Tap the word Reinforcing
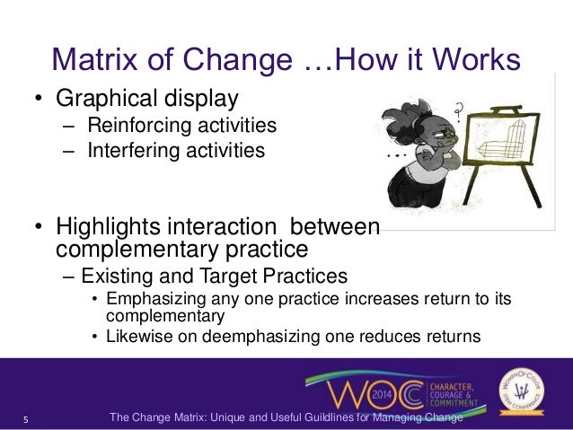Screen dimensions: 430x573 (136, 124)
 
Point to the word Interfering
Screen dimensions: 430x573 (130, 150)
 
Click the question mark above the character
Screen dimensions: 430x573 (459, 111)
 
